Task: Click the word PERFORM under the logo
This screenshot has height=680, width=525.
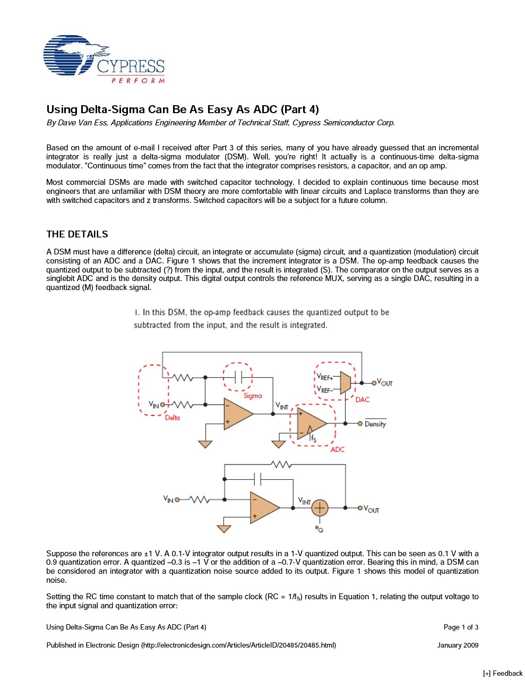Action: click(138, 81)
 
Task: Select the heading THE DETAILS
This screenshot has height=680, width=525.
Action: click(77, 234)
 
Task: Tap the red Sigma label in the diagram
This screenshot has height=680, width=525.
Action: click(253, 396)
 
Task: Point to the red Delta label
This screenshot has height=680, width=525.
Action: click(172, 418)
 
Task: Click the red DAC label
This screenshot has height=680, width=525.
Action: click(363, 399)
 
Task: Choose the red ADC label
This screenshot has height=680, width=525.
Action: click(338, 449)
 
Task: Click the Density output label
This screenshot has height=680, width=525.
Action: click(375, 424)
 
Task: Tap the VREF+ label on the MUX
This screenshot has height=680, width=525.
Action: click(325, 377)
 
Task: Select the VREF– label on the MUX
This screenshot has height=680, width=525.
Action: click(325, 390)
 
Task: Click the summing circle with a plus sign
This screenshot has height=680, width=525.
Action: click(320, 508)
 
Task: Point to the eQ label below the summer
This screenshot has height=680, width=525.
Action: click(319, 529)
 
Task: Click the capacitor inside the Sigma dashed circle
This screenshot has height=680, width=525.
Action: click(238, 377)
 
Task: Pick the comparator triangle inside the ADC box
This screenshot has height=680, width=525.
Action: click(311, 423)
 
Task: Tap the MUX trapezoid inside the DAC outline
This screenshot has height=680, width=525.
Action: click(346, 382)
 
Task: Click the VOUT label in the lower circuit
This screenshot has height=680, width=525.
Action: click(372, 509)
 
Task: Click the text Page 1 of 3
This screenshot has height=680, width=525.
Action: click(461, 627)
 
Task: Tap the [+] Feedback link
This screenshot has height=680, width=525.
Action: click(503, 673)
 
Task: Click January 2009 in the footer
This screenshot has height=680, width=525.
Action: click(458, 645)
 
